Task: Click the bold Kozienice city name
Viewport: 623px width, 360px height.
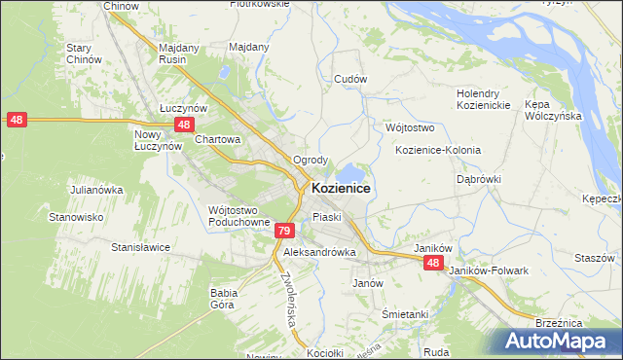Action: (340, 188)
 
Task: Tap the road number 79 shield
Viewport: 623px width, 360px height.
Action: (283, 231)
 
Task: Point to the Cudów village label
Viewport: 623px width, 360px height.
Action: (349, 79)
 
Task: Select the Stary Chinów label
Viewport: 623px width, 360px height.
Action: (84, 54)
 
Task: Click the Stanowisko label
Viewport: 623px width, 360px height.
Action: (77, 217)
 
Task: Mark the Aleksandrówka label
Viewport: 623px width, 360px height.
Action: (319, 252)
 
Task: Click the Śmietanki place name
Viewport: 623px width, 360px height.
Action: (405, 314)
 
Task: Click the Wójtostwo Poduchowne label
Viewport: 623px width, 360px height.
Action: (238, 215)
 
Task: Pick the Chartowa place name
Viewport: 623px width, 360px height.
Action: (217, 139)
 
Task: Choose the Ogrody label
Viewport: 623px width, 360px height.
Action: (311, 160)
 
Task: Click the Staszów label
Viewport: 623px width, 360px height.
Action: (595, 258)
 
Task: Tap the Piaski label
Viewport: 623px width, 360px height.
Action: (327, 217)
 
